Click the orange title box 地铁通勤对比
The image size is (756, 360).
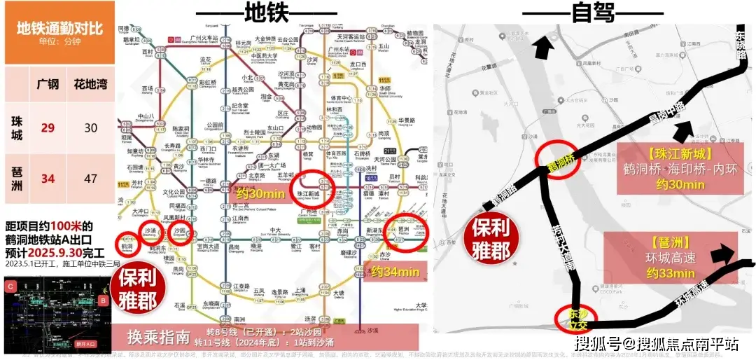click(59, 32)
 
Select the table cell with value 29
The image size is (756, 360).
click(48, 127)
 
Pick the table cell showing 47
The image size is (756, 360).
click(90, 178)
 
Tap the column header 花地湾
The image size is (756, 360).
click(90, 85)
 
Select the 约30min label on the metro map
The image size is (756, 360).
click(258, 194)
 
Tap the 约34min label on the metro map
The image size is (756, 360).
click(395, 271)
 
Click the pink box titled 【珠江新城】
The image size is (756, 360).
click(680, 168)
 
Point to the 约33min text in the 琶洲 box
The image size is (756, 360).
click(670, 272)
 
